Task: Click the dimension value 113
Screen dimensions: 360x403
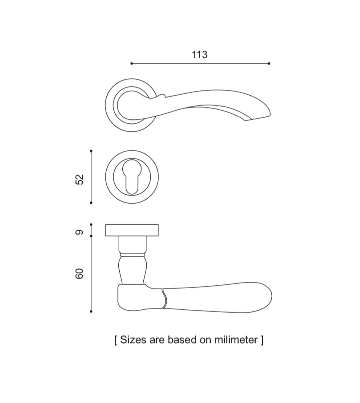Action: coord(199,55)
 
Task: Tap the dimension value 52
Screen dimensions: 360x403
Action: coord(79,180)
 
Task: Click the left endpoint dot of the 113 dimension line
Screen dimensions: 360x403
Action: coord(132,63)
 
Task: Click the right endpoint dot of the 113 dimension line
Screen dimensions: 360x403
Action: coord(269,63)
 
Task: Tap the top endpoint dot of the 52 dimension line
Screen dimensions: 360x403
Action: coord(91,151)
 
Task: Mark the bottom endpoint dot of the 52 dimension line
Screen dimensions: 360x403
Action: coord(91,203)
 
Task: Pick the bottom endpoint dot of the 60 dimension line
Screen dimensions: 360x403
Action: coord(91,311)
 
